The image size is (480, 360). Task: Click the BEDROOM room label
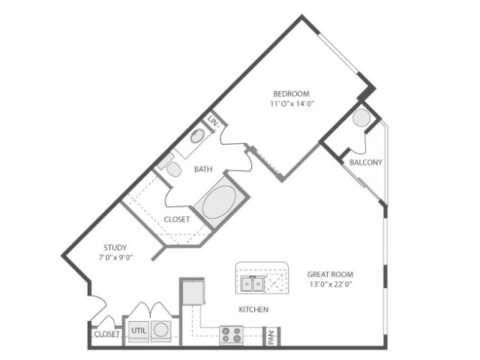(291, 93)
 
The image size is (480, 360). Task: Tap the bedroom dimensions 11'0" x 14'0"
(292, 103)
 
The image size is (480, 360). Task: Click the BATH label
(203, 169)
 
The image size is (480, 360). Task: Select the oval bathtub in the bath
(219, 202)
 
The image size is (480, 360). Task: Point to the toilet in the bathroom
(173, 169)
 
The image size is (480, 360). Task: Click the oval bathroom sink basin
(197, 136)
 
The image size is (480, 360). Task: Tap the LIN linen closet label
(212, 121)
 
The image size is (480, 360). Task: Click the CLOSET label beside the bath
(177, 219)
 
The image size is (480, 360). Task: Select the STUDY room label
(115, 247)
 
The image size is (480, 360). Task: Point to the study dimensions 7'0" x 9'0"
(115, 257)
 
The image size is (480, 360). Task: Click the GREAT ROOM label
(330, 274)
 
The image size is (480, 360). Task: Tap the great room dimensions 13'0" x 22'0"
(331, 284)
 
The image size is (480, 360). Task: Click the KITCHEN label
(253, 310)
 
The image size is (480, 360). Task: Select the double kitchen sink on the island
(253, 283)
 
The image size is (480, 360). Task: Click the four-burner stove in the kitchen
(232, 335)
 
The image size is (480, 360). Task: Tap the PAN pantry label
(271, 337)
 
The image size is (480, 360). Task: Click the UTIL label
(139, 331)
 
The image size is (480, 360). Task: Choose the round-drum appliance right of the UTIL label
(161, 331)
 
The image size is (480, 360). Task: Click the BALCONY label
(366, 162)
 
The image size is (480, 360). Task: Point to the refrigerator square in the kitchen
(193, 292)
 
